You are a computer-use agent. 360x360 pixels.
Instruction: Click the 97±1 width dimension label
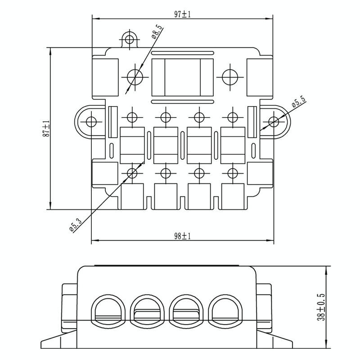pos(183,14)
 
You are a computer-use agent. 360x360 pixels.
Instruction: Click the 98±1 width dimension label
pos(183,236)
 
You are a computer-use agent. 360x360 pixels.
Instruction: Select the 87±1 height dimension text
pos(46,129)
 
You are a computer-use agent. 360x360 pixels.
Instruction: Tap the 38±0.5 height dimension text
pos(322,307)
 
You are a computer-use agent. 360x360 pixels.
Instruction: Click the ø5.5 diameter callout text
pos(299,102)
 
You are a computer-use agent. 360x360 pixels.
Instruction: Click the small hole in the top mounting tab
pos(130,39)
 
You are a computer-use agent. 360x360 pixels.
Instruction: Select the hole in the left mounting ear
pos(91,121)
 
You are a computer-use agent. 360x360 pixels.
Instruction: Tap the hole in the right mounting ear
pos(274,121)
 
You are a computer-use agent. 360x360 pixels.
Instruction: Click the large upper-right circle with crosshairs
pos(230,77)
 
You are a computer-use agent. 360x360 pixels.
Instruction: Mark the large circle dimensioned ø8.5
pos(135,77)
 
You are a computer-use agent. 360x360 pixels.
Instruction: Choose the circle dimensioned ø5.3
pos(132,173)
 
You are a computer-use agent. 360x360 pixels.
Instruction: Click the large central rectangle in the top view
pos(183,77)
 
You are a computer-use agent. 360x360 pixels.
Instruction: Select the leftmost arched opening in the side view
pos(108,311)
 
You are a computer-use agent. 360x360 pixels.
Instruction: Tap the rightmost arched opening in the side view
pos(225,311)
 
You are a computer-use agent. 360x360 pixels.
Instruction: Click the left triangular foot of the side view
pos(58,339)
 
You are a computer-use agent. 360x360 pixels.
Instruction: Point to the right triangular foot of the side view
pos(274,339)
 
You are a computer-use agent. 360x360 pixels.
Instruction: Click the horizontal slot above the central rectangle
pos(183,53)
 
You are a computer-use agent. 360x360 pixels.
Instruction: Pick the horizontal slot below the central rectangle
pos(183,102)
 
